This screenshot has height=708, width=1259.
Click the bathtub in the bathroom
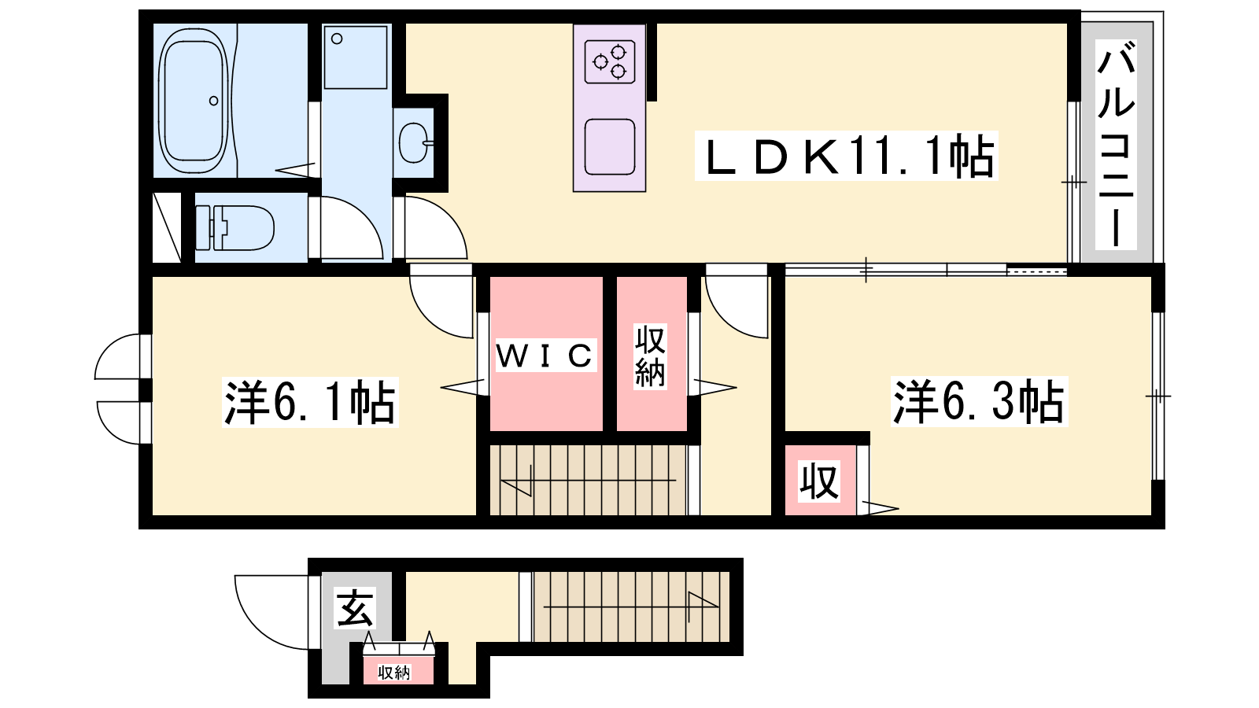[194, 101]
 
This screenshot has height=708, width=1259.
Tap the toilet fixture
[234, 227]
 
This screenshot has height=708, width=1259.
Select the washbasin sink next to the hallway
[415, 142]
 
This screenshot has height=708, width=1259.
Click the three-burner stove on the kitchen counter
[610, 61]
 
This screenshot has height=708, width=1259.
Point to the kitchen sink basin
[610, 146]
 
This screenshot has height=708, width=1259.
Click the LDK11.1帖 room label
[847, 156]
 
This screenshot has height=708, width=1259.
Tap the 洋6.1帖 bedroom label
[310, 402]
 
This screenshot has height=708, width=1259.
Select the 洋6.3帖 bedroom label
[979, 402]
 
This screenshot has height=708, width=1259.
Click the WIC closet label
[545, 355]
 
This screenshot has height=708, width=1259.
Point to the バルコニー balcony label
[1117, 145]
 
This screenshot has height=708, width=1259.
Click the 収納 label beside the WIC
[650, 356]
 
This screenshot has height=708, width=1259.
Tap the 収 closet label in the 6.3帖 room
[820, 481]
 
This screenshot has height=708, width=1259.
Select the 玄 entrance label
[355, 608]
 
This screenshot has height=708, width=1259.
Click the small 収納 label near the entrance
[394, 673]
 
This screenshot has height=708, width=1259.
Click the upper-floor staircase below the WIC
[588, 481]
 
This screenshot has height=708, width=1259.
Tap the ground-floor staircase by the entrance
[630, 607]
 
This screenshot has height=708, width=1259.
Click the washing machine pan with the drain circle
[355, 57]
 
